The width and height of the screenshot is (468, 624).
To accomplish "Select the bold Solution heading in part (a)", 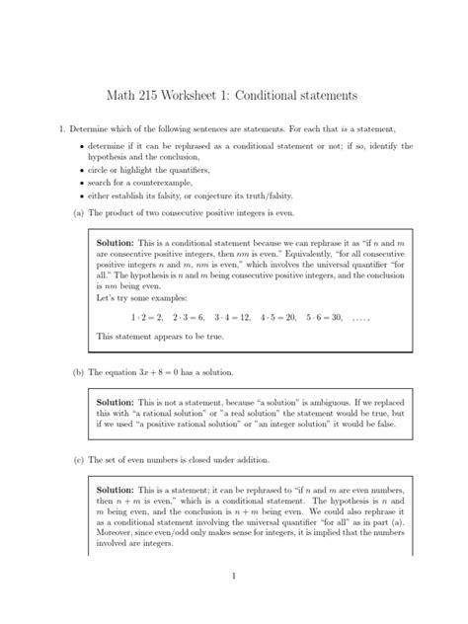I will (x=117, y=242).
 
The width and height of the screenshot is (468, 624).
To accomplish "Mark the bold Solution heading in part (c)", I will (x=117, y=490).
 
